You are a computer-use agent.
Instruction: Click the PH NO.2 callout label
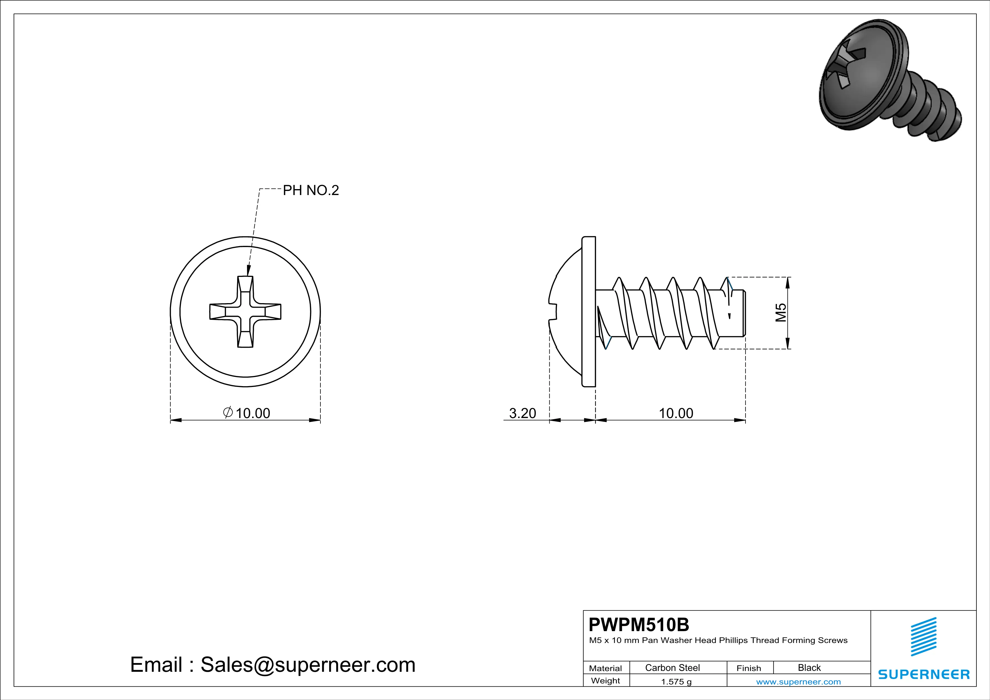coord(311,190)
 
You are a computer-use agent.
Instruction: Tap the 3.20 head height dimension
coord(522,413)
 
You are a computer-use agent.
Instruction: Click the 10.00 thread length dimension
coord(676,413)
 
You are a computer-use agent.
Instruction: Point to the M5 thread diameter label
coord(781,312)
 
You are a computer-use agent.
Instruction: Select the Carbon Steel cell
coord(672,668)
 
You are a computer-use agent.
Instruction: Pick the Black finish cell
coord(809,668)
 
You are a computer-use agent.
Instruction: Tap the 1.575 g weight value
coord(676,681)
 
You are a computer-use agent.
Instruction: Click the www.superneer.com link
coord(798,681)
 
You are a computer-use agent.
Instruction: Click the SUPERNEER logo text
coord(924,674)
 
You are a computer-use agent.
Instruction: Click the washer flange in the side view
coord(589,312)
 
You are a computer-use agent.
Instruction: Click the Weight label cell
coord(606,681)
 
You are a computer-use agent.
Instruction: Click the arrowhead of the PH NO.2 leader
coord(248,271)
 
